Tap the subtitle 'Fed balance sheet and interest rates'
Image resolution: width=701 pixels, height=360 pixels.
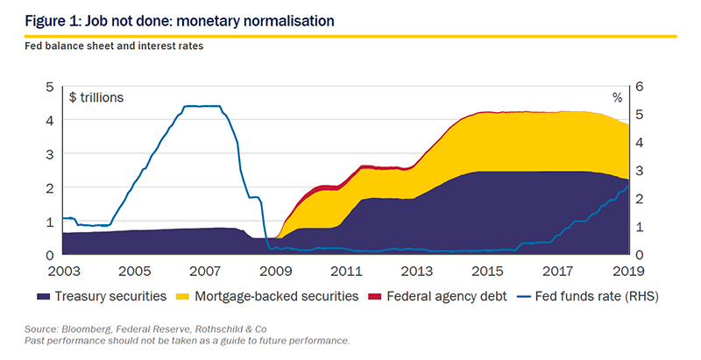click(x=114, y=46)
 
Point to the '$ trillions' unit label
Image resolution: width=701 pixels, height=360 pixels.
click(x=96, y=97)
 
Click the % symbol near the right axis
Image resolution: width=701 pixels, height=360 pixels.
click(x=618, y=98)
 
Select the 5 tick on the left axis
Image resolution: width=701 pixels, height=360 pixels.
click(x=50, y=87)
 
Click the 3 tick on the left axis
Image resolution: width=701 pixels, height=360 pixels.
click(x=50, y=154)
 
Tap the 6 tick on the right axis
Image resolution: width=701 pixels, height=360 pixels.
click(x=639, y=87)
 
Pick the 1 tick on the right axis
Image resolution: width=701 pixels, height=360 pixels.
click(x=639, y=227)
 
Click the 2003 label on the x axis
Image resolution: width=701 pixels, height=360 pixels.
click(x=64, y=272)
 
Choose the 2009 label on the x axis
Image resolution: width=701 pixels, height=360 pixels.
click(x=276, y=272)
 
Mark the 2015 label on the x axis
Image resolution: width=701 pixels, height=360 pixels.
click(x=487, y=272)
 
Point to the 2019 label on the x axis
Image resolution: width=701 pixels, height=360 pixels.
click(x=628, y=272)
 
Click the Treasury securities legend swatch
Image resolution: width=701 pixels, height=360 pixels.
click(x=43, y=297)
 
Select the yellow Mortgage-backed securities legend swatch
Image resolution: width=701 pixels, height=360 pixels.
click(x=183, y=297)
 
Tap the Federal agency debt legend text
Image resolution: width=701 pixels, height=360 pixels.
click(x=447, y=297)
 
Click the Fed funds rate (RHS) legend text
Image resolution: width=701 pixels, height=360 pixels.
click(x=597, y=297)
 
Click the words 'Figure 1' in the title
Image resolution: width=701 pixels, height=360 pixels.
click(x=52, y=21)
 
